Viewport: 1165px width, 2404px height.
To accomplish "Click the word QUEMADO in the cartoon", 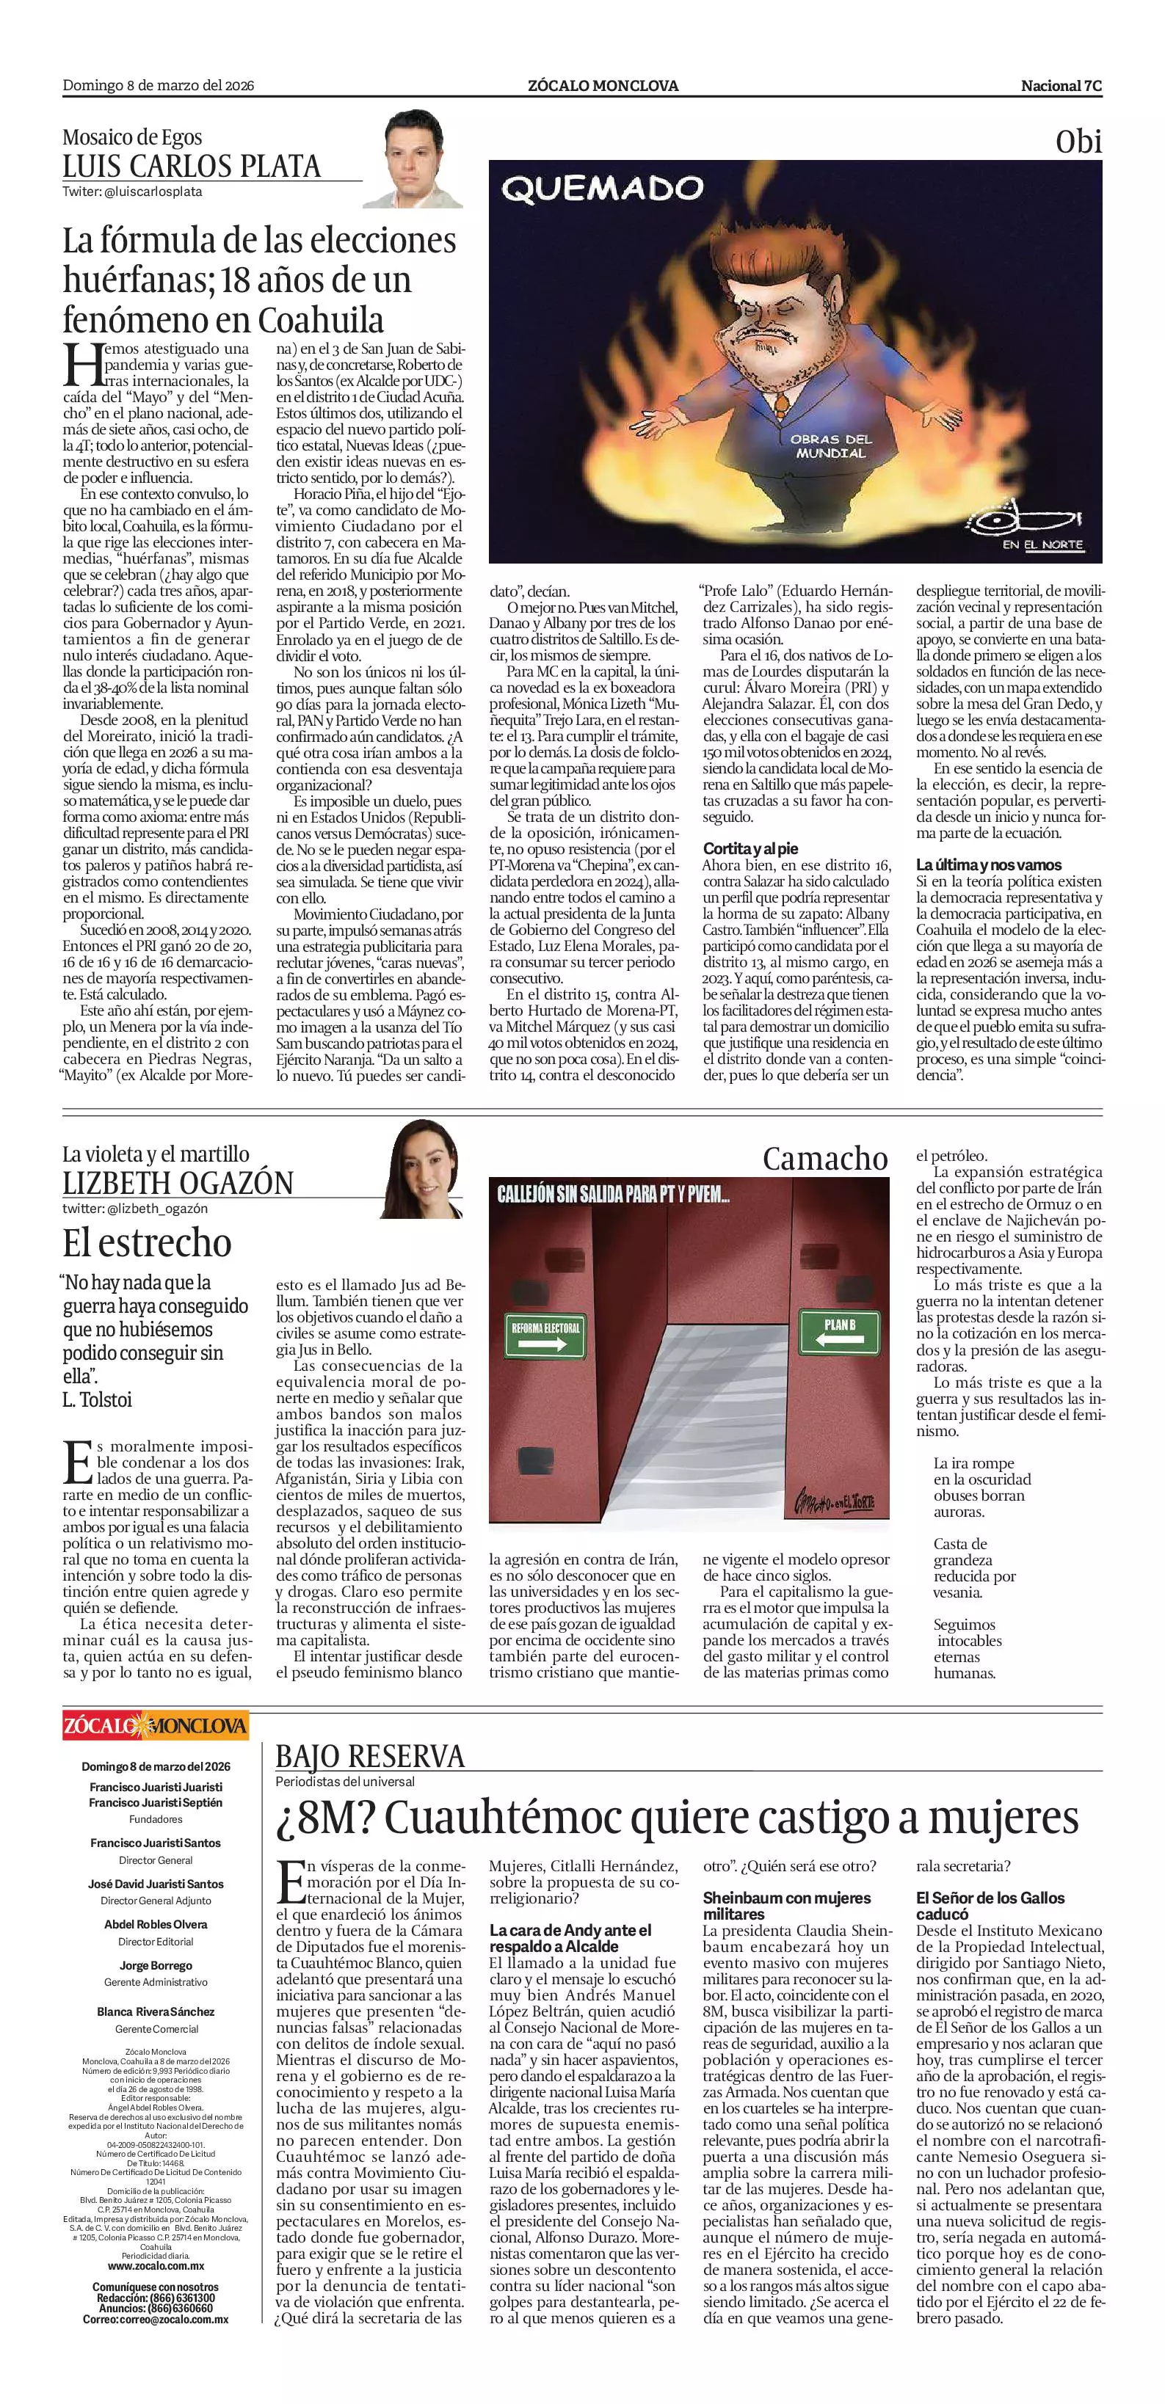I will (x=601, y=189).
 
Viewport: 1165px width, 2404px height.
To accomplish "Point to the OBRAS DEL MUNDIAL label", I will (x=831, y=445).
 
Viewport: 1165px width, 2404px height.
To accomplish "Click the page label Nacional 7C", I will (x=1061, y=86).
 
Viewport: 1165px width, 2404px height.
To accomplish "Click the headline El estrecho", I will (x=147, y=1243).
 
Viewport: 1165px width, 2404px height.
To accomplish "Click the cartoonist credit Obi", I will (x=1078, y=142).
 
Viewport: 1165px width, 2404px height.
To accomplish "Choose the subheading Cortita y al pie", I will (x=750, y=848).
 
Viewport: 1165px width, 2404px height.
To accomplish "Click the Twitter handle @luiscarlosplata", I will (x=131, y=192).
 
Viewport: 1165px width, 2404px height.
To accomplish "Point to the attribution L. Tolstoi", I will (x=97, y=1400).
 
